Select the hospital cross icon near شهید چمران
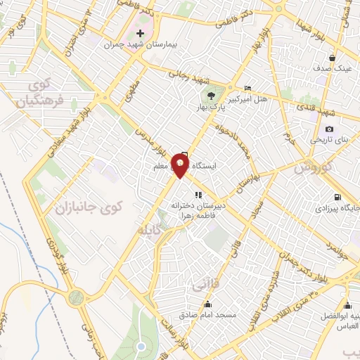pos(140,33)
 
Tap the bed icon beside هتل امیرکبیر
pos(247,87)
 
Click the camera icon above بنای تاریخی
pos(329,129)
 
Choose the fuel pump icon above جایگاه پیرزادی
pos(338,198)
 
